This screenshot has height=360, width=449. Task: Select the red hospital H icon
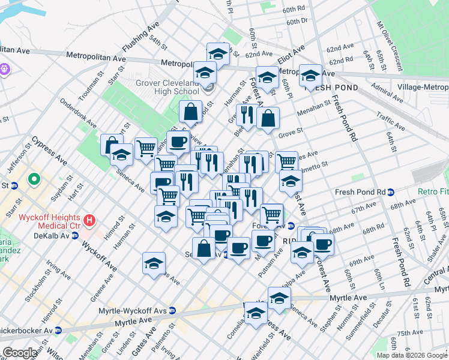pos(90,220)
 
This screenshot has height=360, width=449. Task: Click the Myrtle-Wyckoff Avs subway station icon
pos(172,311)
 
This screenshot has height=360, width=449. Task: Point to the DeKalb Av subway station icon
pos(74,236)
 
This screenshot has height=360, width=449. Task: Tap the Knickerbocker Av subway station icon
pos(58,330)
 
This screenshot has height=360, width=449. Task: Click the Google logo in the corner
pos(20,353)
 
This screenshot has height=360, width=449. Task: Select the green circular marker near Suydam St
pos(35,179)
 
